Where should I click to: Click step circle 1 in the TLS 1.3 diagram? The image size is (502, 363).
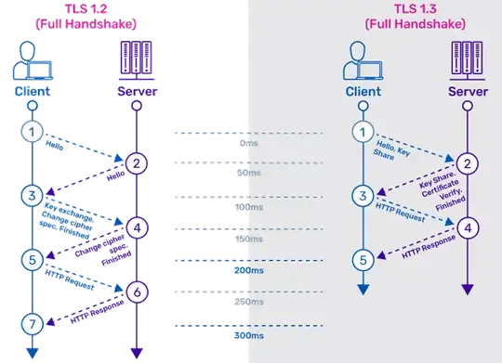coord(364,133)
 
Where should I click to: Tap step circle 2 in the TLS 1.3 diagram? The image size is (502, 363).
coord(468,163)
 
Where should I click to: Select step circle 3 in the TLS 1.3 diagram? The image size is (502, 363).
coord(364,196)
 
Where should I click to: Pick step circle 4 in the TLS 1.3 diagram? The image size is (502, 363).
coord(468,227)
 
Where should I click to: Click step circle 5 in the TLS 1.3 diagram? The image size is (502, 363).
coord(364,259)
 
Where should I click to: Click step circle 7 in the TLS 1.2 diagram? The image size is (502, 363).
coord(31,323)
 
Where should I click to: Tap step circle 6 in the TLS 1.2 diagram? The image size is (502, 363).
coord(136,292)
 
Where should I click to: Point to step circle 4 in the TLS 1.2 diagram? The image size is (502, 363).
coord(136,227)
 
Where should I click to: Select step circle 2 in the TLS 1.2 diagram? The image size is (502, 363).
coord(136,164)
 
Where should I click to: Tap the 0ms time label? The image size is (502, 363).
coord(248,143)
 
